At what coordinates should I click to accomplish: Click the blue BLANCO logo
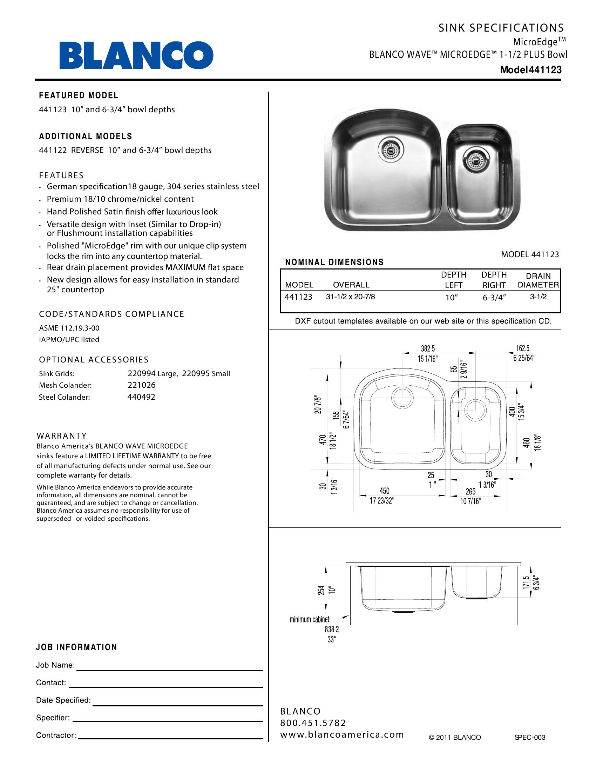(x=136, y=55)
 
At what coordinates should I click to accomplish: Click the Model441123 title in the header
(x=530, y=69)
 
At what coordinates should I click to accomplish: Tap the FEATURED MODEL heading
(x=79, y=95)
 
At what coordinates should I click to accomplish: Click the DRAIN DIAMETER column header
(x=538, y=280)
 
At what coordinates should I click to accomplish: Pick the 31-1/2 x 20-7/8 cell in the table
(x=350, y=297)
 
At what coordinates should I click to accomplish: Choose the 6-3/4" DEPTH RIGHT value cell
(x=494, y=298)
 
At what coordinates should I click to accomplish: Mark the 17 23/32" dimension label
(x=382, y=501)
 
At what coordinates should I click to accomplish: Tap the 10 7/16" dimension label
(x=470, y=501)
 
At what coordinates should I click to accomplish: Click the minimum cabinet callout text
(x=310, y=619)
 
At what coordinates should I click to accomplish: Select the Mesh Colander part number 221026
(x=141, y=385)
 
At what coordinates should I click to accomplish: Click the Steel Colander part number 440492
(x=141, y=397)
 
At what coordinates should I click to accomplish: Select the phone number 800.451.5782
(x=313, y=723)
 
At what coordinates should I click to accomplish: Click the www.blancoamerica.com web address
(x=342, y=734)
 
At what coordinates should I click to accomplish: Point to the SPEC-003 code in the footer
(x=530, y=737)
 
